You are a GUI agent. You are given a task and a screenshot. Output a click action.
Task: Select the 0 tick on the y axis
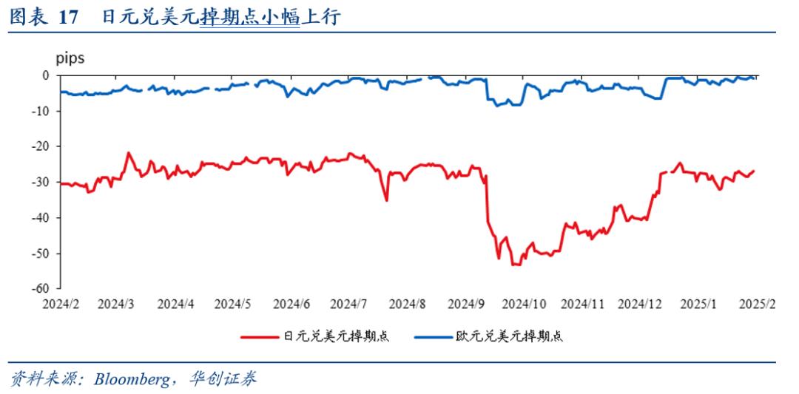tap(46, 75)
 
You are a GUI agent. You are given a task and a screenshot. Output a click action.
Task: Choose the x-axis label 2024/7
tap(348, 304)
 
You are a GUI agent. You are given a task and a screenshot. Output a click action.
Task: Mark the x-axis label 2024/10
tap(523, 304)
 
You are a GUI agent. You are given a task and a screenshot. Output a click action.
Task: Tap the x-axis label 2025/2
tap(755, 304)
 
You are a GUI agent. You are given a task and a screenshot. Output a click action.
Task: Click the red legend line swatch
tap(260, 337)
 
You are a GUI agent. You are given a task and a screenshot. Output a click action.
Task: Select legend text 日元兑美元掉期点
tap(337, 337)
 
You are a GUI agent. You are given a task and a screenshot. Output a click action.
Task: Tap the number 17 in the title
tap(69, 18)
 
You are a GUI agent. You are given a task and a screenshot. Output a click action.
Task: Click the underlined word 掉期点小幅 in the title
tap(249, 18)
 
